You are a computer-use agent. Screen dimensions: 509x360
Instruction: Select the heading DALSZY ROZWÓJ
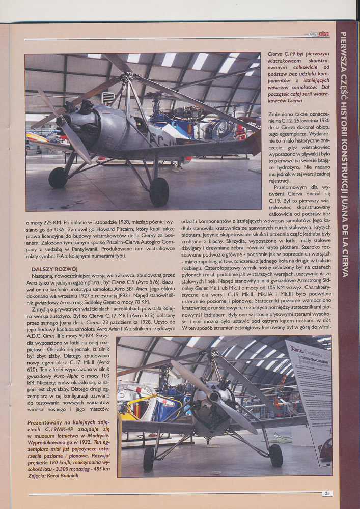click(x=54, y=269)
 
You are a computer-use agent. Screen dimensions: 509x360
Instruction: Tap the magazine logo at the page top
click(x=319, y=34)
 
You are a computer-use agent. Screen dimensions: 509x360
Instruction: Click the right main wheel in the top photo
click(x=159, y=192)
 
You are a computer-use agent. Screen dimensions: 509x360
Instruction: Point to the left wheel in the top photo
click(x=57, y=178)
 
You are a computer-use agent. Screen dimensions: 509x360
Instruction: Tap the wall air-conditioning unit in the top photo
click(x=108, y=97)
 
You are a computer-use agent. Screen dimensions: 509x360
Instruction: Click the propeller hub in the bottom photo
click(x=214, y=397)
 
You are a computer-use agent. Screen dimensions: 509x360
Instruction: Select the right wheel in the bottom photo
click(x=275, y=455)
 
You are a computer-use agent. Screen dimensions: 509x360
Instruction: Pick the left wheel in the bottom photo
click(x=149, y=459)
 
